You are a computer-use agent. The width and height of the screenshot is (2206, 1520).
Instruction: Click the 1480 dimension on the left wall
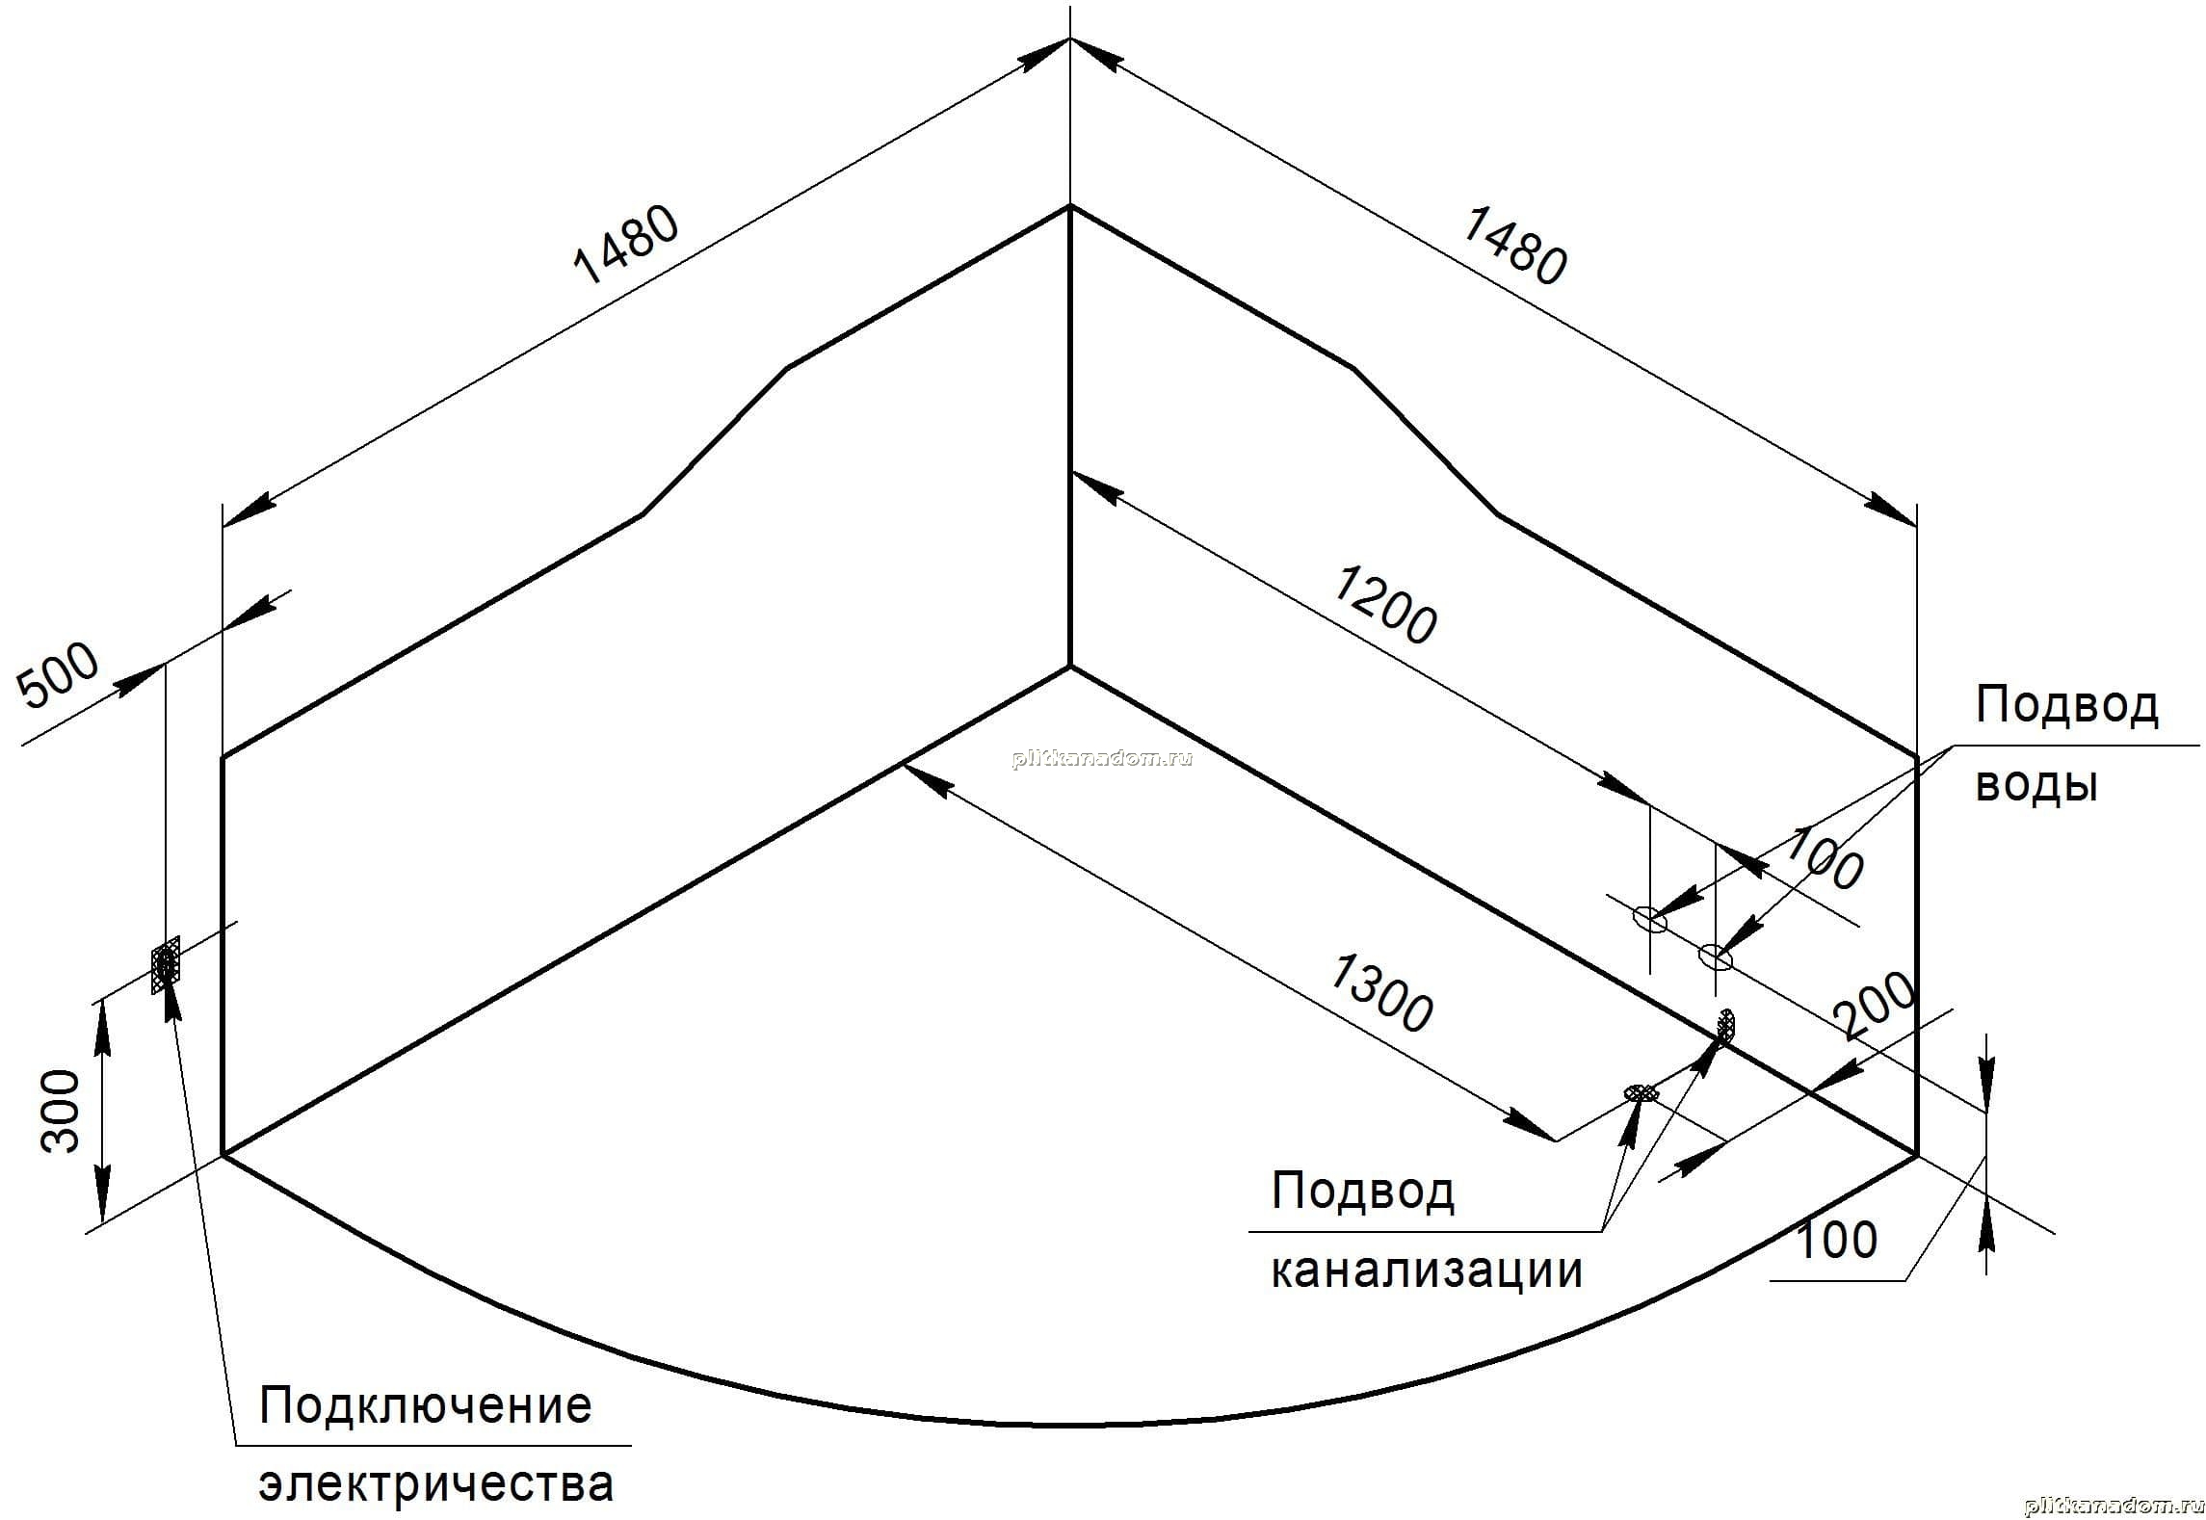[x=626, y=247]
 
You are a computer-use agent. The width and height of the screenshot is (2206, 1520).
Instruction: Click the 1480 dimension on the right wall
[x=1514, y=247]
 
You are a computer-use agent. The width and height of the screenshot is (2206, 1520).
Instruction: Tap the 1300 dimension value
[x=1380, y=994]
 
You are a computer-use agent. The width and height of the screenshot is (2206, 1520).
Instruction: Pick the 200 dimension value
[x=1874, y=1007]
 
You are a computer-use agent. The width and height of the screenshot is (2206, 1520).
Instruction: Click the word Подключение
[x=425, y=1405]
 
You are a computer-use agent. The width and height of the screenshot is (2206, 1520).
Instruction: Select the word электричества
[x=435, y=1484]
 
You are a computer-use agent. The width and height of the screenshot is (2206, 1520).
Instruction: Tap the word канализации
[x=1427, y=1270]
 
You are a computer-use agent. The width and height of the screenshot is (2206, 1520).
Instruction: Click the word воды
[x=2036, y=786]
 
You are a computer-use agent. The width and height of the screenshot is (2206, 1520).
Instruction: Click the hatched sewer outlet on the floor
[x=1641, y=1092]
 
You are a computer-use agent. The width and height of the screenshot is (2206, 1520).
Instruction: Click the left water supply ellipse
[x=1649, y=919]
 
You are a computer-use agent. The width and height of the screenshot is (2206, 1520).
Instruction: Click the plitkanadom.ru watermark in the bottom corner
[x=2114, y=1506]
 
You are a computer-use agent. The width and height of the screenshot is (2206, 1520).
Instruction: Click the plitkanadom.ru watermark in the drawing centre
[x=1103, y=758]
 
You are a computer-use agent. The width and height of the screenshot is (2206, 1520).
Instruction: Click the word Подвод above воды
[x=2067, y=705]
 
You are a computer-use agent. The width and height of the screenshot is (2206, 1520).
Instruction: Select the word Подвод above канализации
[x=1363, y=1192]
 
